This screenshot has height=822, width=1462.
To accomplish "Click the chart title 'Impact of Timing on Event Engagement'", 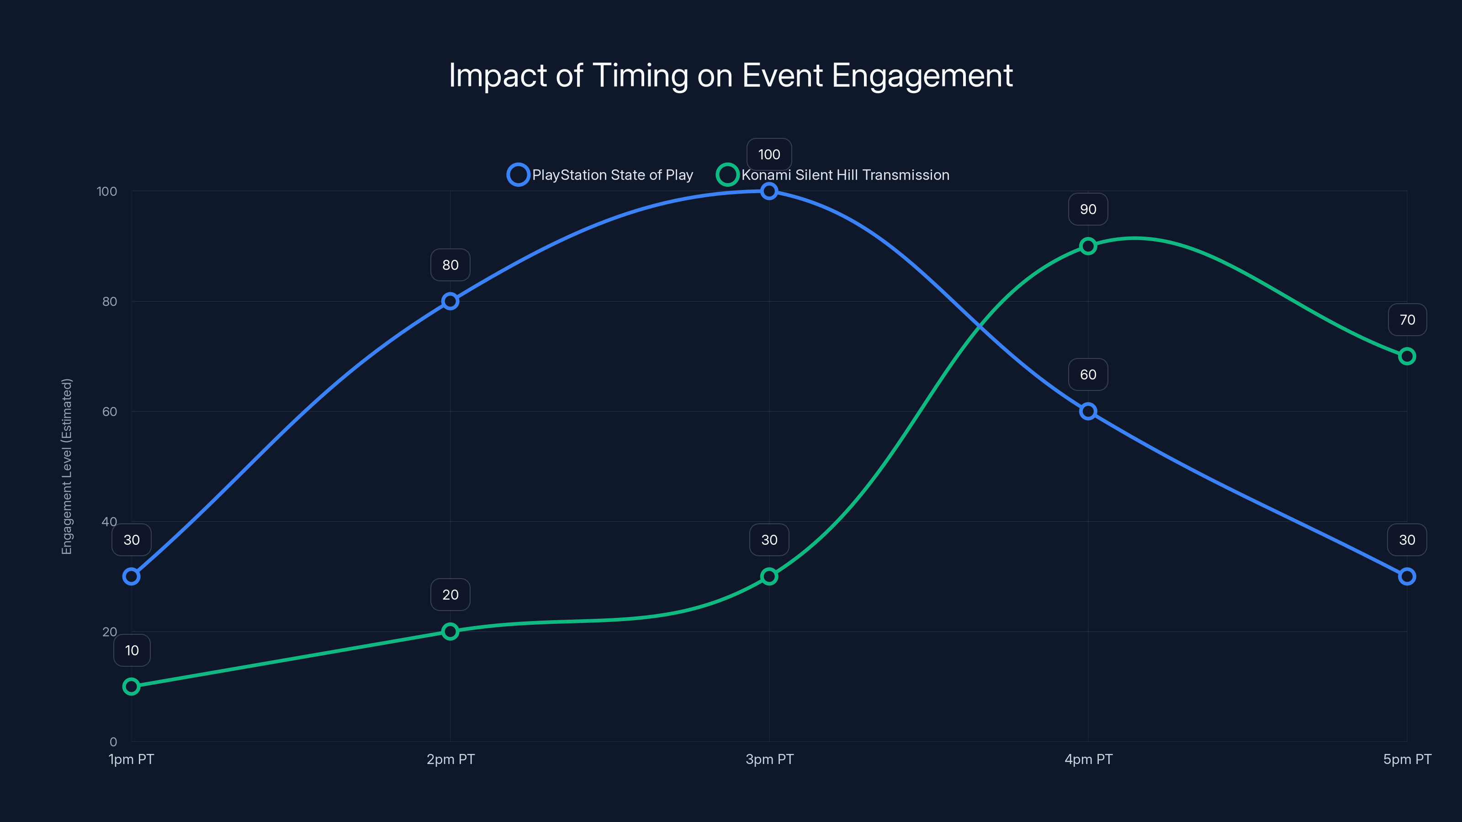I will coord(731,75).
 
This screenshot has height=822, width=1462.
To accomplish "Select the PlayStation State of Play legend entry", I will coord(600,175).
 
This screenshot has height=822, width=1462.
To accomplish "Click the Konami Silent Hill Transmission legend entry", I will coord(833,175).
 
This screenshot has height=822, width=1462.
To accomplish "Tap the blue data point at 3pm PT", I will coord(769,191).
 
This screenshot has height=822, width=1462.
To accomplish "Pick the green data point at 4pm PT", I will coord(1088,246).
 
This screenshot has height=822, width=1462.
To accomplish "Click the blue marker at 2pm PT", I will coord(450,301).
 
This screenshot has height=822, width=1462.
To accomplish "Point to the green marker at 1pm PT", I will coord(131,686).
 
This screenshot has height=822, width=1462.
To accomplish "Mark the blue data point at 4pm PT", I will coord(1088,411).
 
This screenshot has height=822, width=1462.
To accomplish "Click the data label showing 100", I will coord(769,154).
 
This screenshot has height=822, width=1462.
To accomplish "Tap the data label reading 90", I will coord(1088,209).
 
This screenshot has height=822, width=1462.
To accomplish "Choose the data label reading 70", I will coord(1407,320).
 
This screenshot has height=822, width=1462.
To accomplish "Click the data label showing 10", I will coord(132,650).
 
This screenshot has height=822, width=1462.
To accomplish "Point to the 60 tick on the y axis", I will coord(110,411).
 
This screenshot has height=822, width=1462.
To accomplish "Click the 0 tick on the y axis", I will coord(113,742).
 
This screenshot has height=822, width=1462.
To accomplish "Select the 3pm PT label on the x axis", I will coord(769,759).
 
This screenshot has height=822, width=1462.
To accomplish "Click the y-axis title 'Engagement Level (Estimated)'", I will coord(67,466).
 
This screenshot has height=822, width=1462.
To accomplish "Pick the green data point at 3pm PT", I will coord(769,576).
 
